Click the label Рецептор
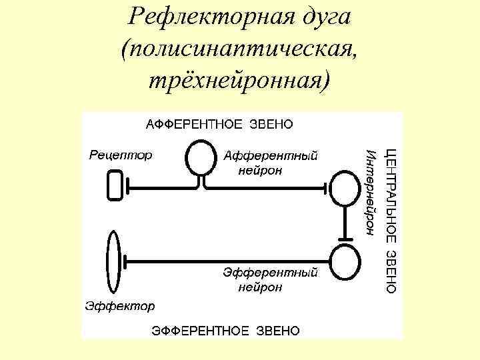point(120,155)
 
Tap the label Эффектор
point(120,306)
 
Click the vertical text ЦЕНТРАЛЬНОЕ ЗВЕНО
point(392,220)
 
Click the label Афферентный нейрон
point(269,163)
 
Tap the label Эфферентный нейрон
point(270,279)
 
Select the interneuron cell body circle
point(345,189)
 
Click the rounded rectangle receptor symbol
point(114,185)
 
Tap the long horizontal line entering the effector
point(227,260)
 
